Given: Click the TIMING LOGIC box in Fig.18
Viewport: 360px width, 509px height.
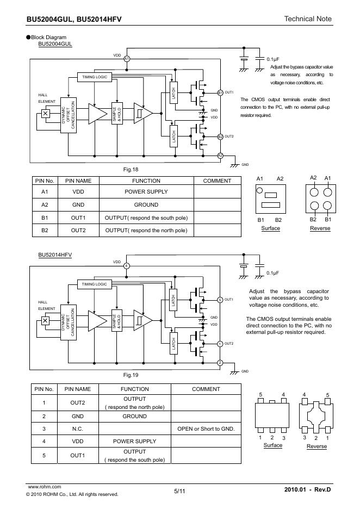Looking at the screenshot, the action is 95,77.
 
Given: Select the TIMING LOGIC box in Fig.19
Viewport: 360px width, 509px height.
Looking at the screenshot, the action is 95,284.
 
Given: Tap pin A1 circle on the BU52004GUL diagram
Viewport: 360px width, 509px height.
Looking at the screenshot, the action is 127,59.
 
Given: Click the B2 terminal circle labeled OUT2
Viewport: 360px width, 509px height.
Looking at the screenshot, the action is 220,136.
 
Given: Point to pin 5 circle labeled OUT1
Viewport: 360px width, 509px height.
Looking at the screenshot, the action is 220,300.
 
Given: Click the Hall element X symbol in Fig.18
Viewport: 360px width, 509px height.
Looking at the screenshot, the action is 46,114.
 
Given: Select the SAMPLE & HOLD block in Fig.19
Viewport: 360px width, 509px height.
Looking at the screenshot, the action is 116,321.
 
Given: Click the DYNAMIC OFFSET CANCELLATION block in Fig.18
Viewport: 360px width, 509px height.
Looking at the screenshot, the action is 68,115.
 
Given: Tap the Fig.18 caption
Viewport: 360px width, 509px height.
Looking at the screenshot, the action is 131,170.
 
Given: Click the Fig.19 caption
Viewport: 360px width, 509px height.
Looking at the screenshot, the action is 131,375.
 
